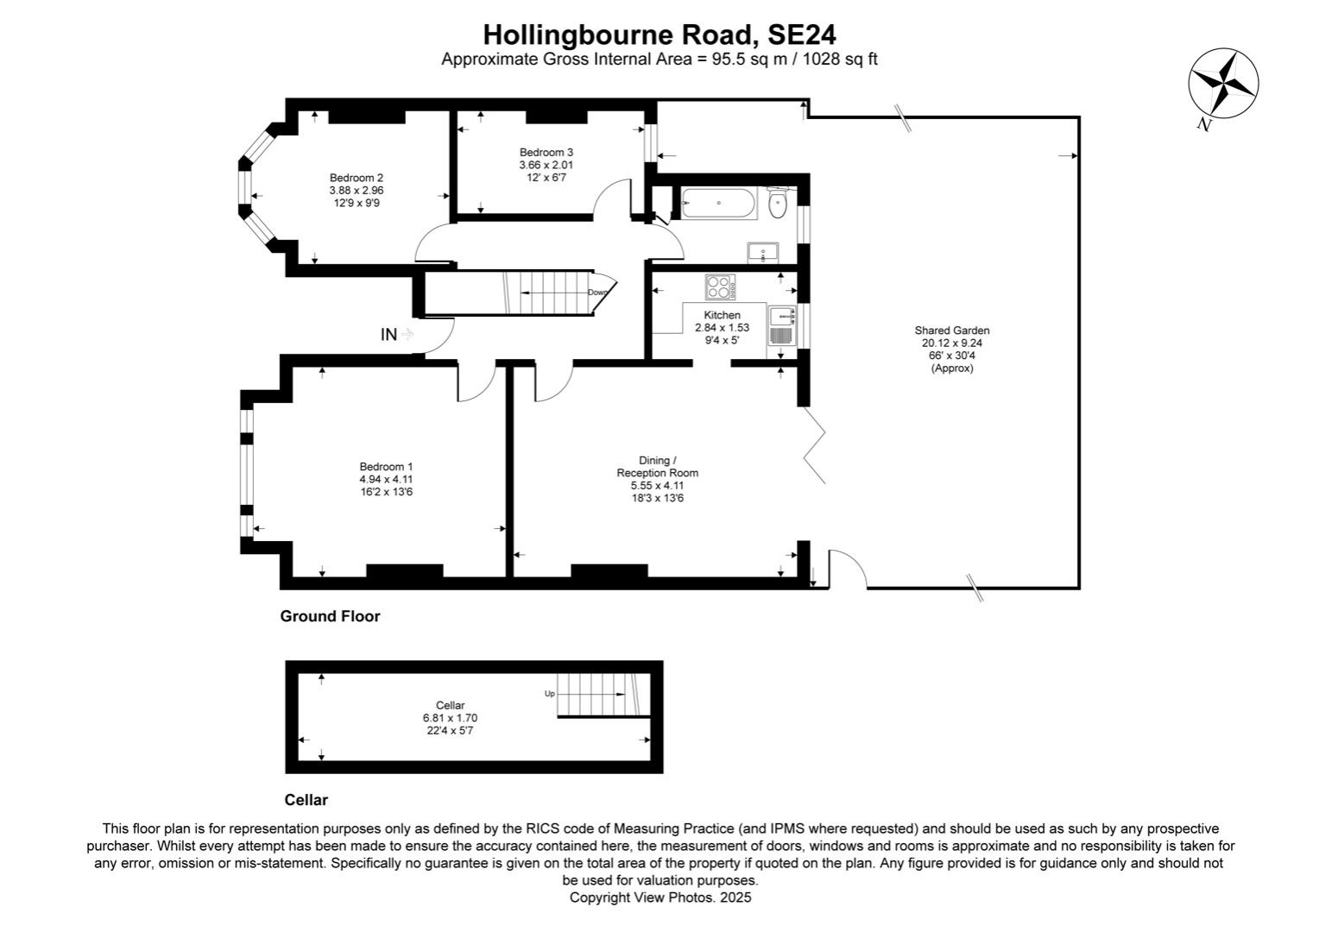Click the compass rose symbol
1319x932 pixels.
tap(1223, 84)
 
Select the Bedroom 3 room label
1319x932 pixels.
tap(546, 153)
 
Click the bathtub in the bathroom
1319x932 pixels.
tap(719, 203)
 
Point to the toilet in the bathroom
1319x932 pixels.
tap(779, 205)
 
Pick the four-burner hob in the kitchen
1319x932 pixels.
tap(719, 286)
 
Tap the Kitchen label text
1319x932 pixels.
tap(722, 315)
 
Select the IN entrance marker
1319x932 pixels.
tap(389, 334)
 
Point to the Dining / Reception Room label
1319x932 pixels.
tap(657, 467)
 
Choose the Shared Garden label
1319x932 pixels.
tap(951, 331)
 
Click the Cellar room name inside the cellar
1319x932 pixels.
tap(450, 705)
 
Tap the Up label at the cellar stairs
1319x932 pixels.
tap(549, 693)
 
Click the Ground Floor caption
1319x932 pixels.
tap(330, 616)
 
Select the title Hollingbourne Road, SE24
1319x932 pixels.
tap(659, 35)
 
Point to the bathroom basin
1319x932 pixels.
tap(762, 253)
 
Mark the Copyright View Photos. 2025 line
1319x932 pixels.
tap(659, 897)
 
